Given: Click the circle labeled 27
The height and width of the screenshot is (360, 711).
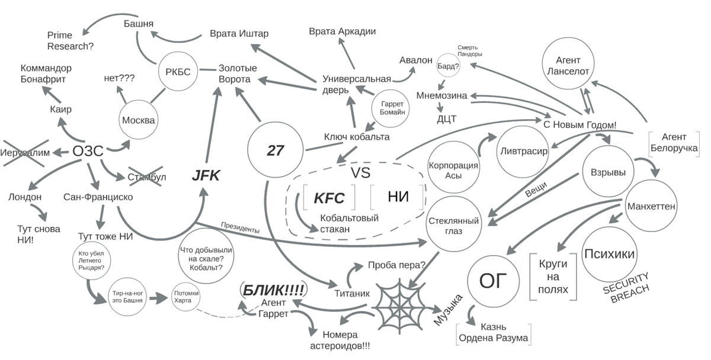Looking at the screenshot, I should [276, 150].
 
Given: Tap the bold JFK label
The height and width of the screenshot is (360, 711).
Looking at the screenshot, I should [206, 176].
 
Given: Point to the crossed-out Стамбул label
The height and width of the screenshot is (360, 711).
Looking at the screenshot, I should [146, 177].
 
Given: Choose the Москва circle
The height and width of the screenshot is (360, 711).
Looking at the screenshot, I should [139, 120].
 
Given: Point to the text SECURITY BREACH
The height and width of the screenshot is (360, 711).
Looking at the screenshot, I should [627, 286].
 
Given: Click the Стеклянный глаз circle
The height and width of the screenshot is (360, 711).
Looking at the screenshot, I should [453, 224].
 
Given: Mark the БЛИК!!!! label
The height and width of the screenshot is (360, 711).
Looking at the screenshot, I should [274, 290].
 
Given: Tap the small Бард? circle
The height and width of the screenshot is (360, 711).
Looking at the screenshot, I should [448, 66].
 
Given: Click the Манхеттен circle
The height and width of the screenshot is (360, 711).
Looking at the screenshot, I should [651, 207].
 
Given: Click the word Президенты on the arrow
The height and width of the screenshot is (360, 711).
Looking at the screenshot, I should [240, 226].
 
